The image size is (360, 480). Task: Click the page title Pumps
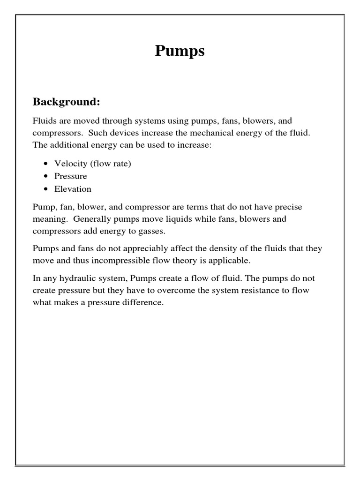180,51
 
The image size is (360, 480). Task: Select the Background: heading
66,102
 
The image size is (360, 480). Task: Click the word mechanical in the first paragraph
206,133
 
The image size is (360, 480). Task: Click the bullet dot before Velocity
45,164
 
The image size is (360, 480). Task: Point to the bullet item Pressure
71,176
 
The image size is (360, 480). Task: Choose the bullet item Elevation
73,189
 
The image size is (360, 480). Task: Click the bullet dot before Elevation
45,189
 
